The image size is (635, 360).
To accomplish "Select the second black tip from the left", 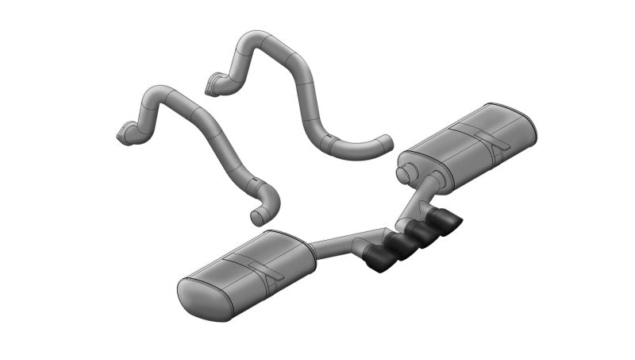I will (x=399, y=246).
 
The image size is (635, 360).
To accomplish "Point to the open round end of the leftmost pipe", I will (x=256, y=216).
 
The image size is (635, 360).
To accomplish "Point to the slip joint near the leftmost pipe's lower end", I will (x=256, y=188).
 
